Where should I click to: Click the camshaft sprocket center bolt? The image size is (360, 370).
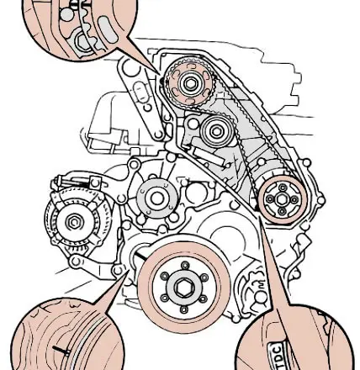point(190,83)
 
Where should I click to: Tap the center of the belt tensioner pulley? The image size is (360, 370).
point(215,131)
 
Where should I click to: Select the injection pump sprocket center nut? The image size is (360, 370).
point(282,199)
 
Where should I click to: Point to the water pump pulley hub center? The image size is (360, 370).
point(156,198)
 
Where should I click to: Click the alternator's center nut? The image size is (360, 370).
point(74,222)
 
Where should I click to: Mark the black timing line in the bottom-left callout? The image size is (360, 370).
point(61,350)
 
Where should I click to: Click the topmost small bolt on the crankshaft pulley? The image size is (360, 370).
point(185,265)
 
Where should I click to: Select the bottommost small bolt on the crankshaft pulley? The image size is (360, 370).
point(183,309)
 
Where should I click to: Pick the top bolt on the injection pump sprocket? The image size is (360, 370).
point(283,188)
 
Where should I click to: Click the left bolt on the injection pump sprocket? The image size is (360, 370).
point(270,199)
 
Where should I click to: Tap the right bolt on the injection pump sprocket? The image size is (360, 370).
point(294,200)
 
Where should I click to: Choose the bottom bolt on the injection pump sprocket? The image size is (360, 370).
point(282,211)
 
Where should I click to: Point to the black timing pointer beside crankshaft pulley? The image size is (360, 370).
point(140,256)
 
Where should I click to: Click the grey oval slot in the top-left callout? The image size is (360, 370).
point(109,30)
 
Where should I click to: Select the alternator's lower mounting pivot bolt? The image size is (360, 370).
point(76,262)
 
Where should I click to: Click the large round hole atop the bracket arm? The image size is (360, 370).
point(130,69)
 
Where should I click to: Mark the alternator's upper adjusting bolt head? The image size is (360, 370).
point(95,182)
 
